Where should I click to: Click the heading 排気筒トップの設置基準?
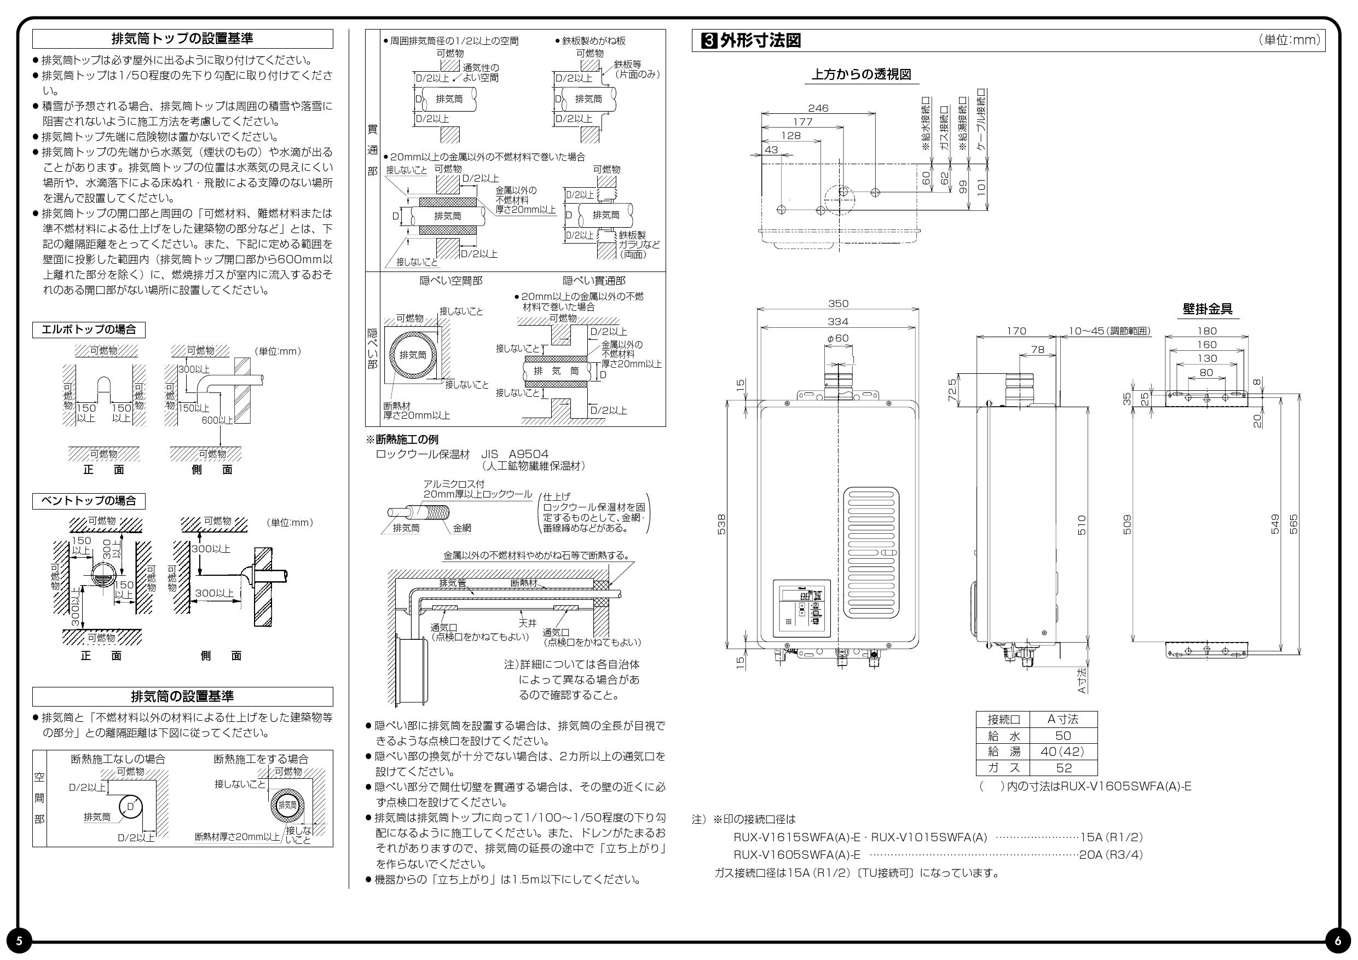click(182, 39)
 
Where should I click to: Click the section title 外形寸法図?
click(760, 41)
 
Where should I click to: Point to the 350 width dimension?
click(837, 303)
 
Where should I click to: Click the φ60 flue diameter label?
click(837, 338)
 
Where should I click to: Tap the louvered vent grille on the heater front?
click(871, 552)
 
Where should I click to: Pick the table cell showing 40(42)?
click(1063, 752)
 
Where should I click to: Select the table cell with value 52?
click(1064, 768)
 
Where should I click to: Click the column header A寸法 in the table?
click(1063, 719)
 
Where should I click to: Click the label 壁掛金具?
click(1207, 309)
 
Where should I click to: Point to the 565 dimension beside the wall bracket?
click(1293, 524)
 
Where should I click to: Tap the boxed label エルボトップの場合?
click(89, 329)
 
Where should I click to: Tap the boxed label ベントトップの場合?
click(89, 501)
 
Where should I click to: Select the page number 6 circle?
click(1338, 941)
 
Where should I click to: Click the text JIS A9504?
click(515, 454)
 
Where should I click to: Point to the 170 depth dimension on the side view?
click(1016, 331)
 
